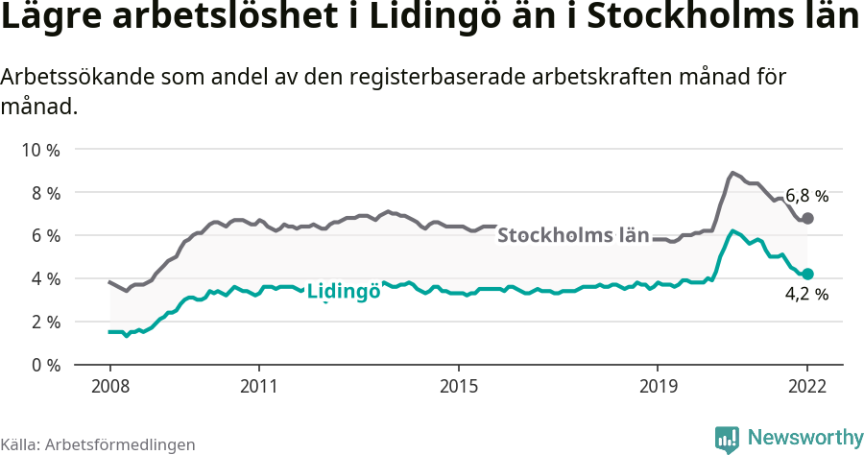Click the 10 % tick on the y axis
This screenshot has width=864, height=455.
39,150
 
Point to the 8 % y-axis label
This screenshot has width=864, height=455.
43,193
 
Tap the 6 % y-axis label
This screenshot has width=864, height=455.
43,236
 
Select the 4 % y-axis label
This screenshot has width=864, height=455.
43,279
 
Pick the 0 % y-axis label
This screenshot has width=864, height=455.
43,365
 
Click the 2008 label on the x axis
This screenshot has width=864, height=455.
109,387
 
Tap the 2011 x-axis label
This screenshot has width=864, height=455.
259,387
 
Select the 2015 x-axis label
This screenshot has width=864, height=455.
459,387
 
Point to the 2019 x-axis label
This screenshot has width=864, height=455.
659,387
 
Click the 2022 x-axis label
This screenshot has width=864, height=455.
807,387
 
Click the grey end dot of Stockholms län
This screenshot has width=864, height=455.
807,219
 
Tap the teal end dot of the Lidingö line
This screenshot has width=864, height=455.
807,274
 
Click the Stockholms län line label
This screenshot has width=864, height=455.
573,235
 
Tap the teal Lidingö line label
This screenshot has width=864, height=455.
343,291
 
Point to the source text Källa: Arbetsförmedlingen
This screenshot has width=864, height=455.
98,444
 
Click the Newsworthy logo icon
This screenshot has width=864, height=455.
727,439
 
